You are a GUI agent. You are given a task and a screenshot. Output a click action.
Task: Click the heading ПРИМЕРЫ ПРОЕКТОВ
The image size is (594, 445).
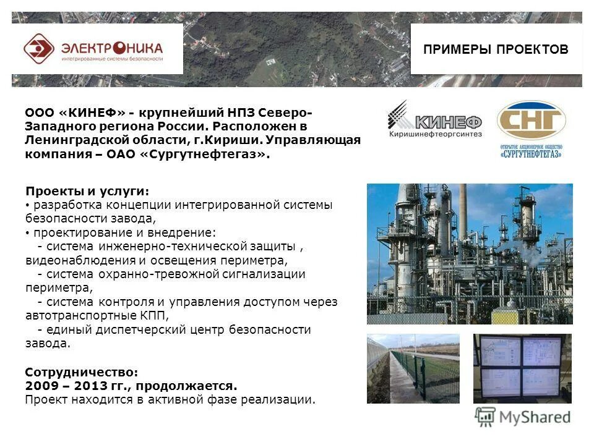point(496,49)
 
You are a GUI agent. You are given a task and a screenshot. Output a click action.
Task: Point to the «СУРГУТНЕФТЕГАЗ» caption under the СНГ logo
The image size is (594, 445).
point(531,154)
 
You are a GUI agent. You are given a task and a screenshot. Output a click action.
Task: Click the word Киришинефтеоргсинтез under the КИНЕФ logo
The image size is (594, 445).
point(435,134)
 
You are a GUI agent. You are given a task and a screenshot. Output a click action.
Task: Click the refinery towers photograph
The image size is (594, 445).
point(470,253)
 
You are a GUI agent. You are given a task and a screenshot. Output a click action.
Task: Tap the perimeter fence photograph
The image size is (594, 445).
point(413,368)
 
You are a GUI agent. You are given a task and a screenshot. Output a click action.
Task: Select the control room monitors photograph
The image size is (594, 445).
point(522,368)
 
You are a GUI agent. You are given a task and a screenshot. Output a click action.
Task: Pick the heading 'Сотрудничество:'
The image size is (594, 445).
point(82,372)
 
